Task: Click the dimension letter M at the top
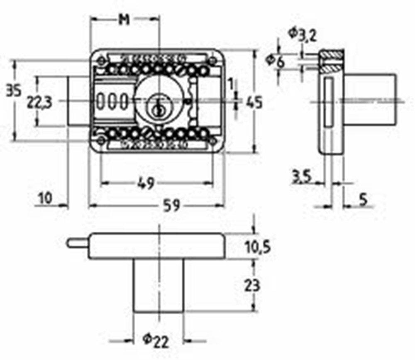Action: [x=124, y=20]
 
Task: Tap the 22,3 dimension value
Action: [x=39, y=103]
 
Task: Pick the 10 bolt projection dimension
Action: [x=45, y=198]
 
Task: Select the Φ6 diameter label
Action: [x=275, y=62]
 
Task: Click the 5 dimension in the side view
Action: [x=364, y=199]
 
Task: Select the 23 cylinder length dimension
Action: [x=252, y=286]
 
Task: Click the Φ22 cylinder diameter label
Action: [x=156, y=341]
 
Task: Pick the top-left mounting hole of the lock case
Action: [x=101, y=61]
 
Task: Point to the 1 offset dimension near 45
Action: [x=231, y=85]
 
